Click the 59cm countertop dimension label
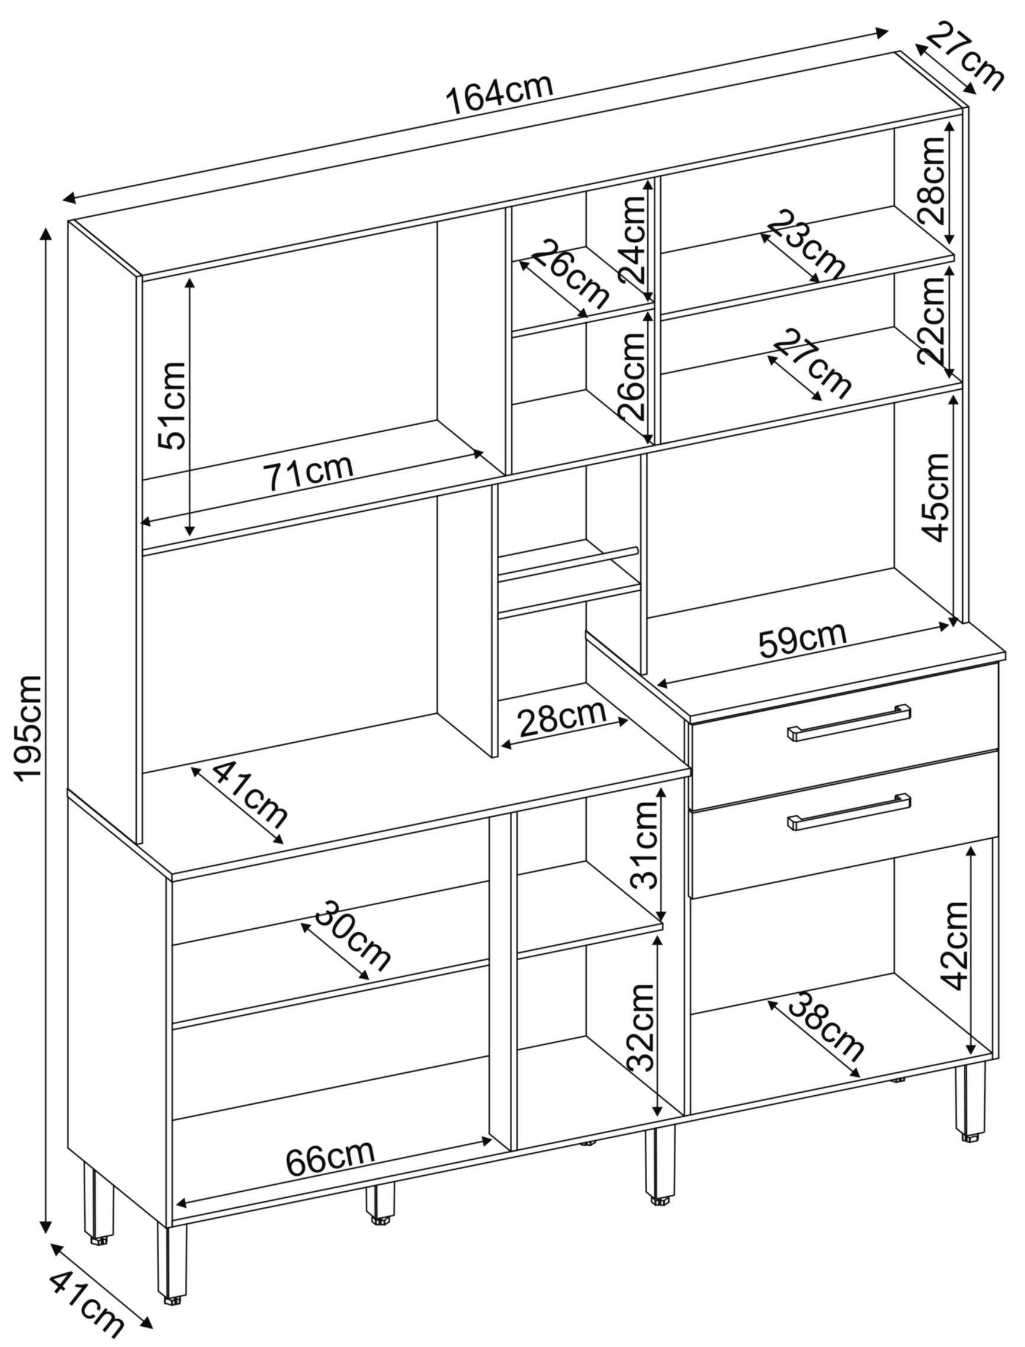pos(803,640)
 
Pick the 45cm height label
pos(936,497)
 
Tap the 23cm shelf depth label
pos(805,245)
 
